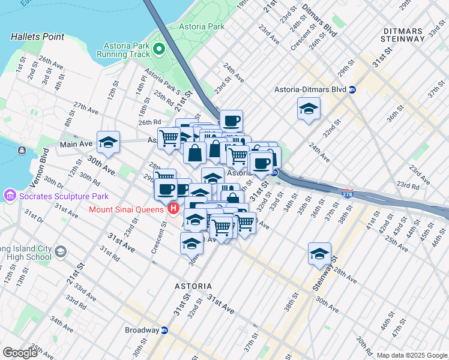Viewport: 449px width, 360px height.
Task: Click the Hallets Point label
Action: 37,37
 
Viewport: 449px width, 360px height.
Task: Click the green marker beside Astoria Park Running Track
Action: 159,48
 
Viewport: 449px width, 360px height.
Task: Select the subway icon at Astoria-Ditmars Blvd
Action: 352,90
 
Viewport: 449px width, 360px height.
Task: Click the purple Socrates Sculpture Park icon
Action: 9,196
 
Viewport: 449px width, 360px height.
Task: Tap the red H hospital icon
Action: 173,209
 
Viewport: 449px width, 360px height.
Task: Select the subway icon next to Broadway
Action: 164,330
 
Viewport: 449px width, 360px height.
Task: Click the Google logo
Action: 20,352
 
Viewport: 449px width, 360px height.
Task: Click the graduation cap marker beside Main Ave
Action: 108,142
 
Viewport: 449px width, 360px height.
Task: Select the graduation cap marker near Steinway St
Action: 319,253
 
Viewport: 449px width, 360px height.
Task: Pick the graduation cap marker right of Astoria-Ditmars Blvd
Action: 309,109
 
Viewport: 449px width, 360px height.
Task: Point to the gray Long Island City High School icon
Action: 60,251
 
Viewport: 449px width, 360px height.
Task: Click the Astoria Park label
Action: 206,27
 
